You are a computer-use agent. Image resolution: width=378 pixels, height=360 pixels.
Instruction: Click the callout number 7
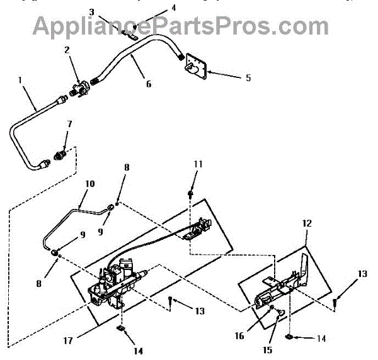tap(70, 125)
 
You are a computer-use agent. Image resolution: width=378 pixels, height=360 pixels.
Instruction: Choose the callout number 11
tap(198, 164)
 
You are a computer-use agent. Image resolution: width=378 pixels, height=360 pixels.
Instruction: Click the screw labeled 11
tap(189, 194)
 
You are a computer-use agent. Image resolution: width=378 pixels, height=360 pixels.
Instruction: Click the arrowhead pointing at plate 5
tap(210, 74)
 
